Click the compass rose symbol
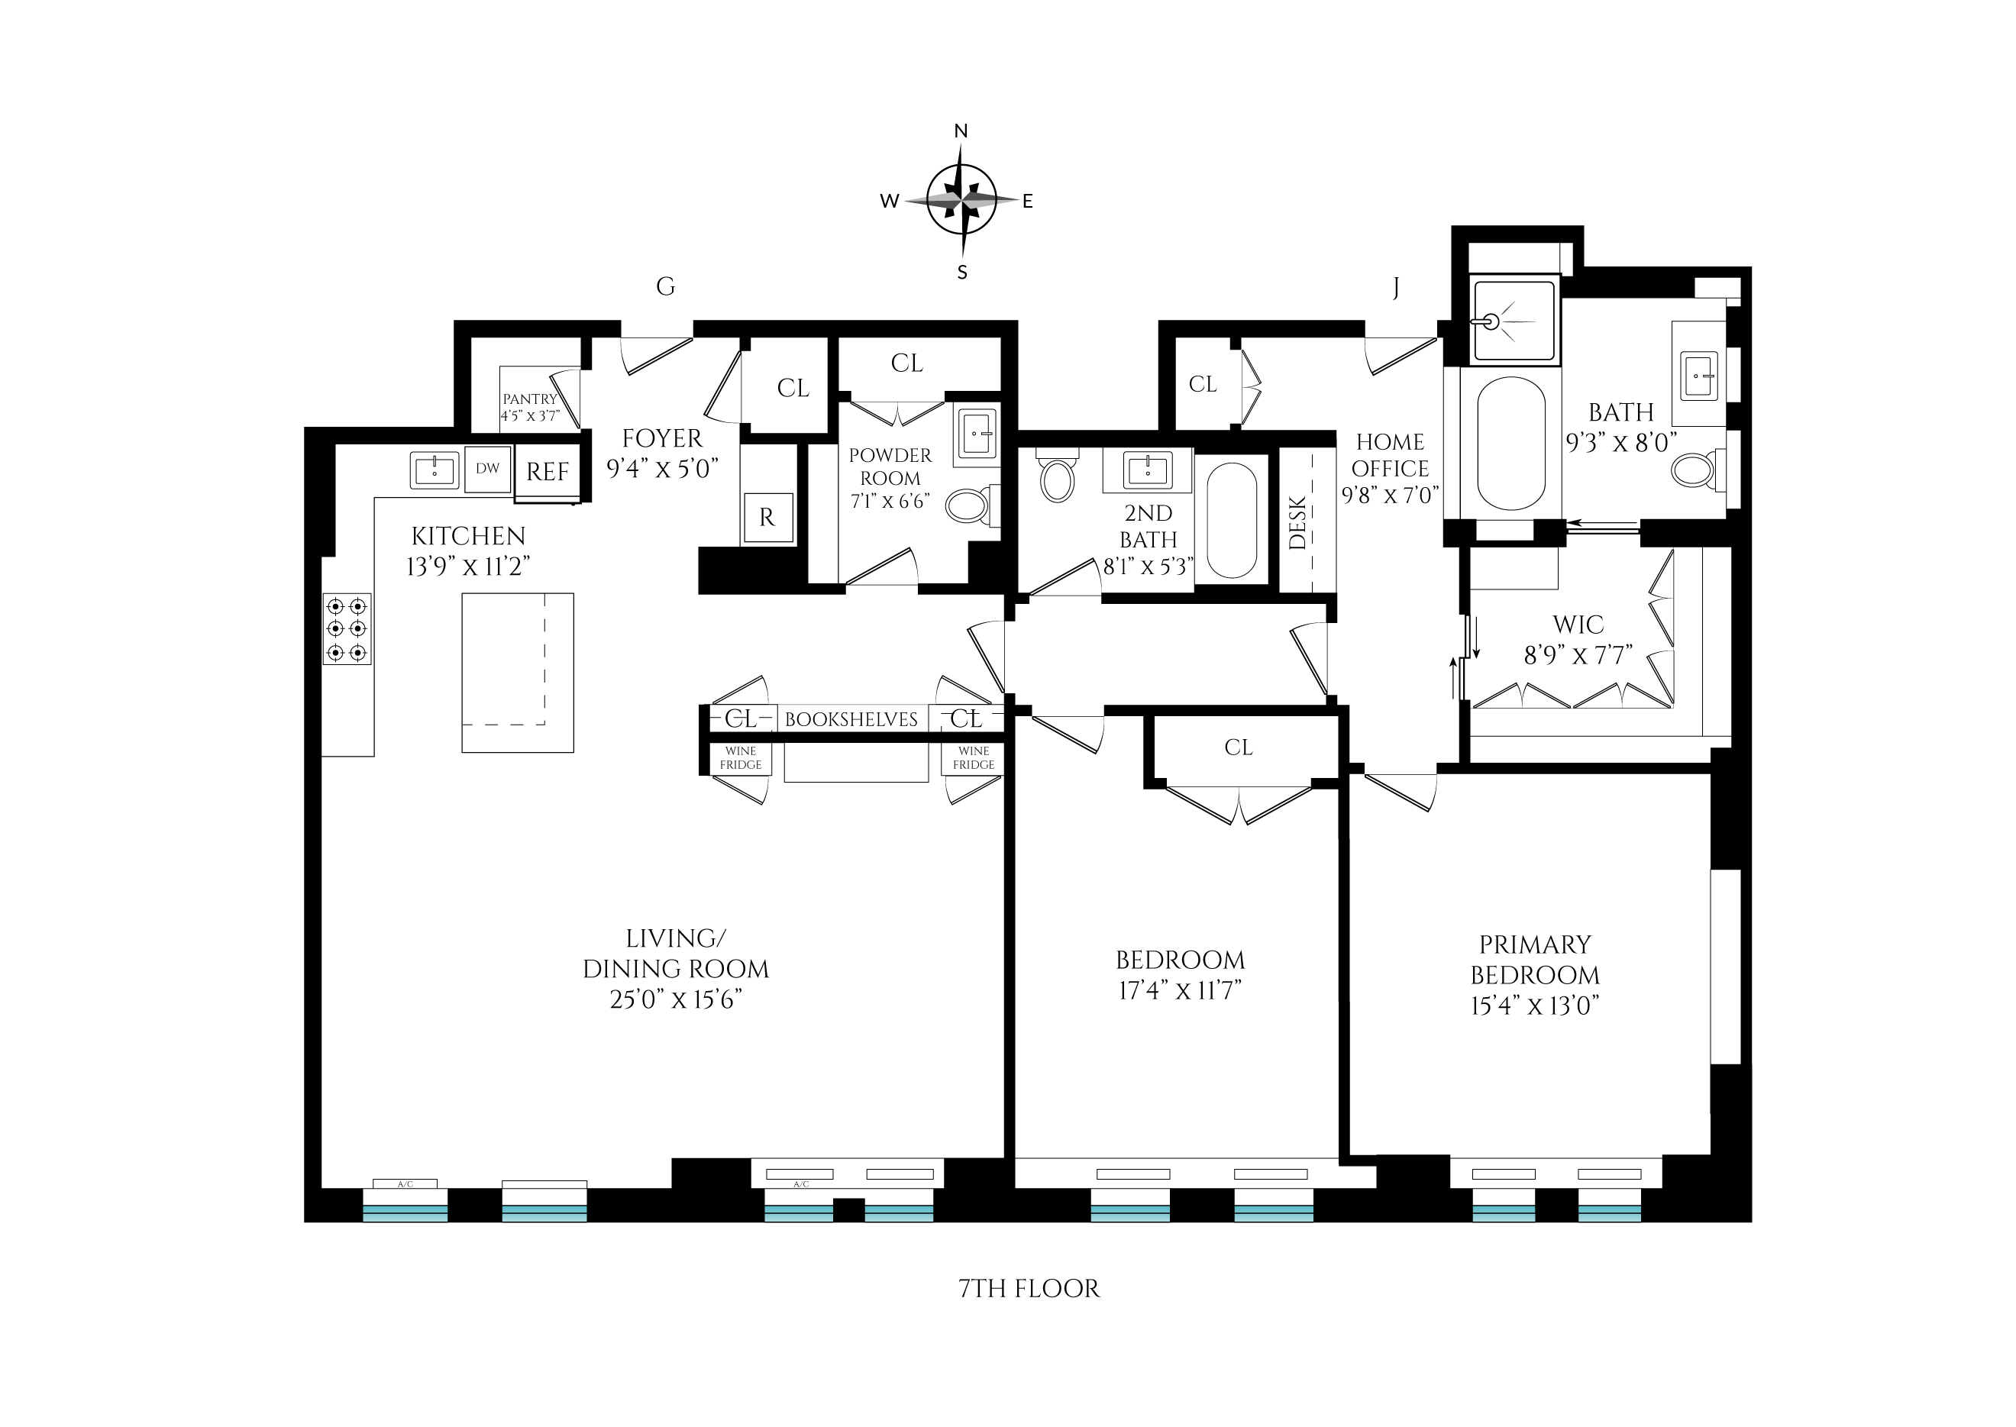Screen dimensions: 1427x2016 pyautogui.click(x=961, y=200)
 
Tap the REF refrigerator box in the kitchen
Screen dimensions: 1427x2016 pyautogui.click(x=548, y=472)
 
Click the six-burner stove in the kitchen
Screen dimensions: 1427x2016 pyautogui.click(x=347, y=629)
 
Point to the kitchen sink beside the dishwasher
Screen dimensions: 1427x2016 pyautogui.click(x=435, y=471)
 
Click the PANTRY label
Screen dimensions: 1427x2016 pyautogui.click(x=529, y=399)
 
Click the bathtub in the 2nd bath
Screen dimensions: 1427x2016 pyautogui.click(x=1232, y=519)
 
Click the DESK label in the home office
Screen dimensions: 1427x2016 pyautogui.click(x=1298, y=524)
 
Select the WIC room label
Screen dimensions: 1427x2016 pyautogui.click(x=1578, y=625)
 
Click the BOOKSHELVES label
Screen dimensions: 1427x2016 pyautogui.click(x=851, y=720)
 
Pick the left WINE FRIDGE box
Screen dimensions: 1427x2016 pyautogui.click(x=741, y=758)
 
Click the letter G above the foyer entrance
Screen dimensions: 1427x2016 pyautogui.click(x=665, y=286)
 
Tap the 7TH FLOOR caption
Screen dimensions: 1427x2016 pyautogui.click(x=1028, y=1289)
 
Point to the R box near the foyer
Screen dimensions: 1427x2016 pyautogui.click(x=767, y=518)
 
